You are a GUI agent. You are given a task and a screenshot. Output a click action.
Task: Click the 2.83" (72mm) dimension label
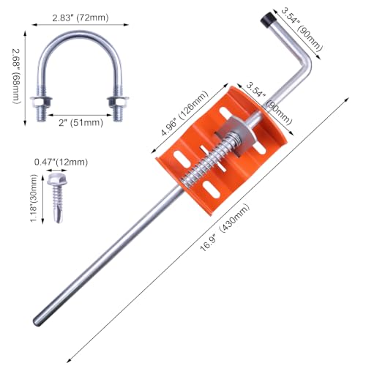click(81, 18)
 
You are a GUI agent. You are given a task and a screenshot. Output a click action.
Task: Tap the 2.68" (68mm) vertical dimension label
click(16, 76)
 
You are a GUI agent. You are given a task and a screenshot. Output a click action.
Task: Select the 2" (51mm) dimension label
click(81, 122)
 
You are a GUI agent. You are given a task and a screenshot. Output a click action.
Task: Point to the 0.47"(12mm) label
click(61, 162)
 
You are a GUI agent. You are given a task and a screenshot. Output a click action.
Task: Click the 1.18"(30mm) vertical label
click(34, 198)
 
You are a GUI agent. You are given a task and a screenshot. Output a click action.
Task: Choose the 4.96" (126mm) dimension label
click(184, 113)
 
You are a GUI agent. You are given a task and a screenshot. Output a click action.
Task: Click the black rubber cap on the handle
click(267, 19)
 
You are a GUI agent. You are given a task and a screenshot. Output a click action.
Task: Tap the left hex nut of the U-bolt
click(41, 101)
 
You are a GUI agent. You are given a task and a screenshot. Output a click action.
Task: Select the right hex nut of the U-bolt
click(118, 101)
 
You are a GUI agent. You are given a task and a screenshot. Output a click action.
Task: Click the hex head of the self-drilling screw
click(57, 179)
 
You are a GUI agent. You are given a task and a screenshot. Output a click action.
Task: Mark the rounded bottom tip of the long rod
click(37, 322)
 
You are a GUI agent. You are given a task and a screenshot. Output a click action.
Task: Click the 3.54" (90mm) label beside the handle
click(301, 29)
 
